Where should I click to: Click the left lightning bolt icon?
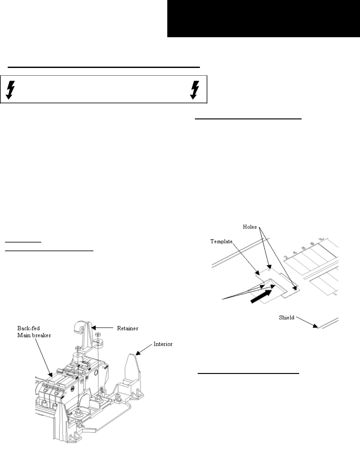pos(10,90)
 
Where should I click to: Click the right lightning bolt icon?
pos(195,90)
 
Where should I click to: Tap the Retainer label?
pos(128,328)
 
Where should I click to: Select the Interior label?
pos(163,344)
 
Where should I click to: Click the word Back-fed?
pos(29,328)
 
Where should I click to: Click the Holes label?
pos(250,227)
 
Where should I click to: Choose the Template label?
pos(221,242)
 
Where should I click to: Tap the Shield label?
pos(286,318)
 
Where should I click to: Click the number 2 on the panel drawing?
pos(286,257)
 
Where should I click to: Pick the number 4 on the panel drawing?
pos(295,253)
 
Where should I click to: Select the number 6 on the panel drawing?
pos(304,248)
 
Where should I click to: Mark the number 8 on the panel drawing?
pos(313,244)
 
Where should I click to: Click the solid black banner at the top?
pos(263,19)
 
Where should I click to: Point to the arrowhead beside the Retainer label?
pos(93,328)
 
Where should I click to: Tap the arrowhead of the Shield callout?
pos(315,326)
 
